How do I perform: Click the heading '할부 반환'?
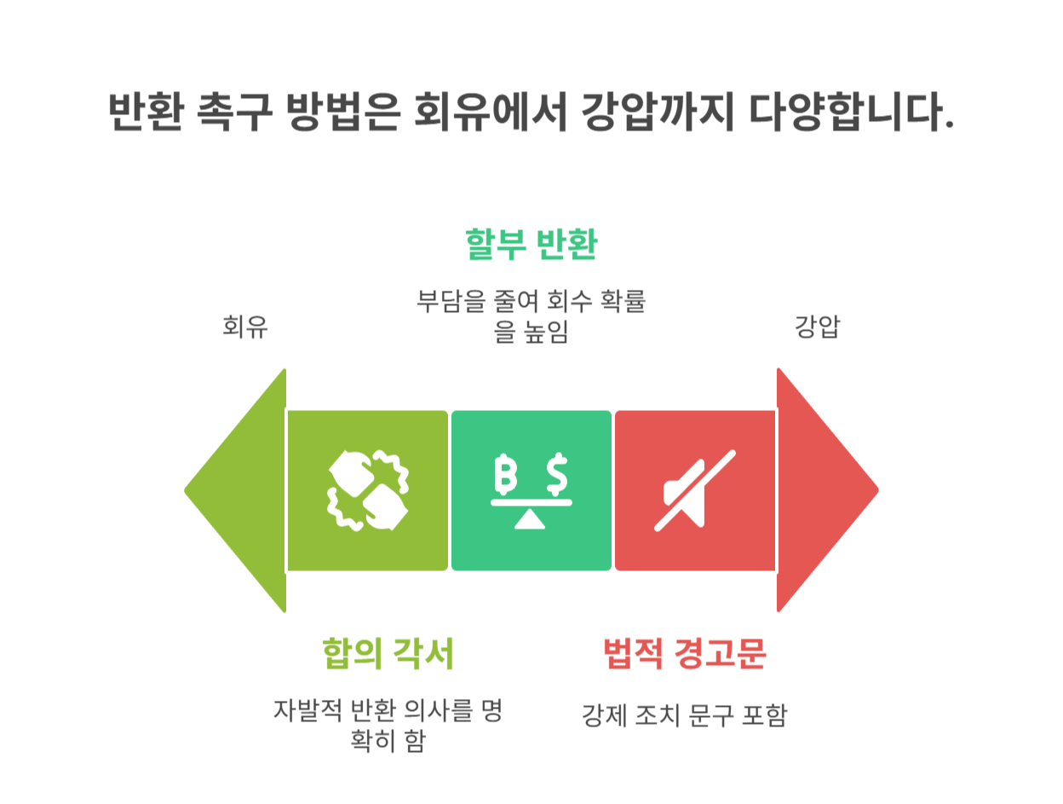coord(531,246)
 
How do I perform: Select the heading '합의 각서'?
coord(388,655)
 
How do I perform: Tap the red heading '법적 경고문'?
coord(685,655)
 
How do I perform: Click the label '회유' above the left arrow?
coord(245,327)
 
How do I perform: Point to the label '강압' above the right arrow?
coord(817,327)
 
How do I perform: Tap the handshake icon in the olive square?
coord(367,490)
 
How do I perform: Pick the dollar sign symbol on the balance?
coord(558,474)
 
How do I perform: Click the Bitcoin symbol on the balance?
coord(506,474)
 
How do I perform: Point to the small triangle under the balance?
coord(531,518)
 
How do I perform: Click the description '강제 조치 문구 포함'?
coord(684,714)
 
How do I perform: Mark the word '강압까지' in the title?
coord(652,112)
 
